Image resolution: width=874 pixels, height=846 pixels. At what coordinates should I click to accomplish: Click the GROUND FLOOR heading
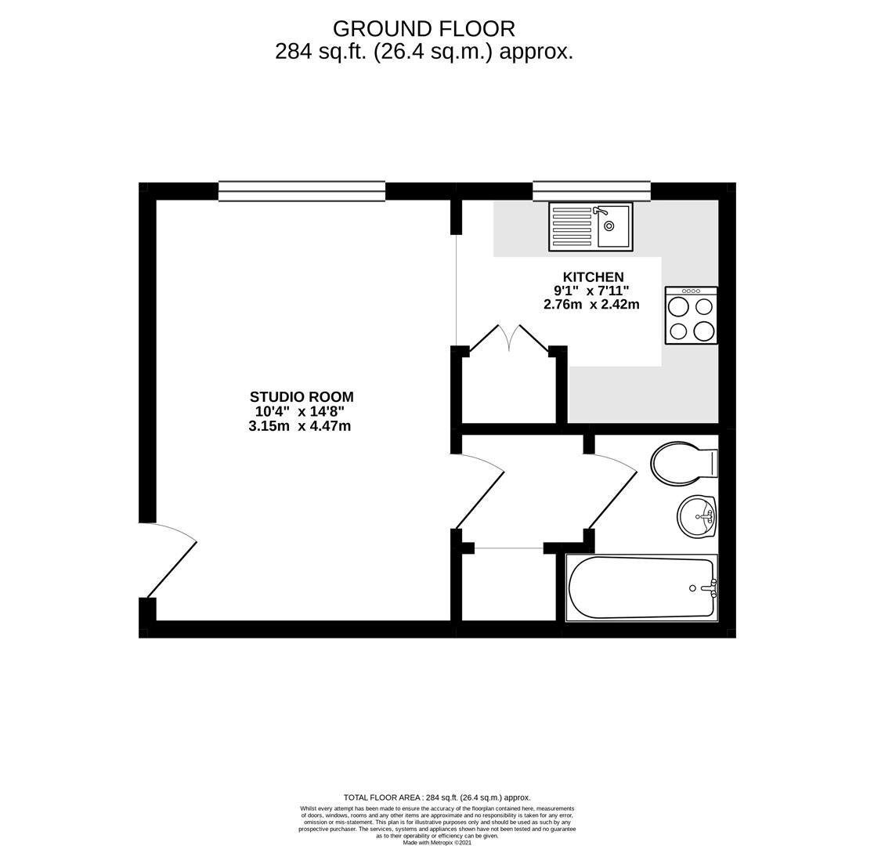pos(424,28)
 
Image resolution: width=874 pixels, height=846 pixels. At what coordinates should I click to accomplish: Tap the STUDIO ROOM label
pos(302,397)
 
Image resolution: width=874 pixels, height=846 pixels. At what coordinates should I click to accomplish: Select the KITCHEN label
pos(593,277)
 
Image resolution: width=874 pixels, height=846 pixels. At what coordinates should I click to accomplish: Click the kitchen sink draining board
pos(572,226)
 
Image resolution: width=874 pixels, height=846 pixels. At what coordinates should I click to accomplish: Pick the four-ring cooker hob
pos(691,315)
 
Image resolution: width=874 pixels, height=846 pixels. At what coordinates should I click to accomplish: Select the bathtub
pos(641,587)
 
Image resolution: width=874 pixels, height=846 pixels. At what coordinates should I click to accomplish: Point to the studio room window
pos(302,190)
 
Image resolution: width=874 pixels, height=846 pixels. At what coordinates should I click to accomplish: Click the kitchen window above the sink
pos(591,190)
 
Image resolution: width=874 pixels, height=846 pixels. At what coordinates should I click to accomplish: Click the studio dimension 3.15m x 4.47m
pos(299,427)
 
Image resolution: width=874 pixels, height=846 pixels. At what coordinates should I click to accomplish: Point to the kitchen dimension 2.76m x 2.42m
pos(590,305)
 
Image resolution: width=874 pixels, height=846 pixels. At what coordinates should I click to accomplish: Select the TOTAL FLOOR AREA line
pos(437,797)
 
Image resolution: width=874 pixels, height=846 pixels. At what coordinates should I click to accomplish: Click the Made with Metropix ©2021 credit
pos(437,843)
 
